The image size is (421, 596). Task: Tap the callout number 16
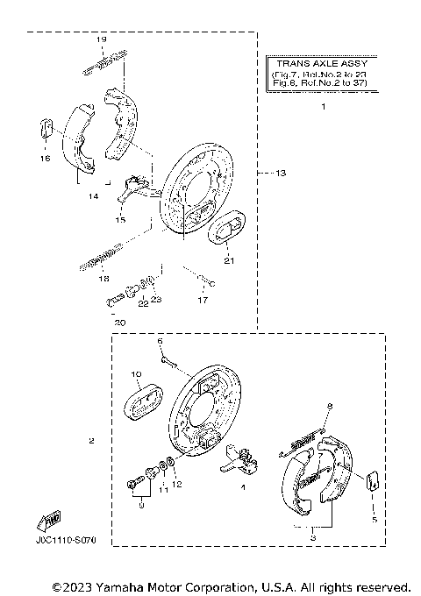coord(45,160)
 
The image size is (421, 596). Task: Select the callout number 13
coord(280,173)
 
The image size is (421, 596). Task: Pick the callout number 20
coord(120,323)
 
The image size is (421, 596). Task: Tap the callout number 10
coord(136,374)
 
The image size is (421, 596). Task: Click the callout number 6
coord(161,339)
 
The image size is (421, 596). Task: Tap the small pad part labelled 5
coord(371,479)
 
